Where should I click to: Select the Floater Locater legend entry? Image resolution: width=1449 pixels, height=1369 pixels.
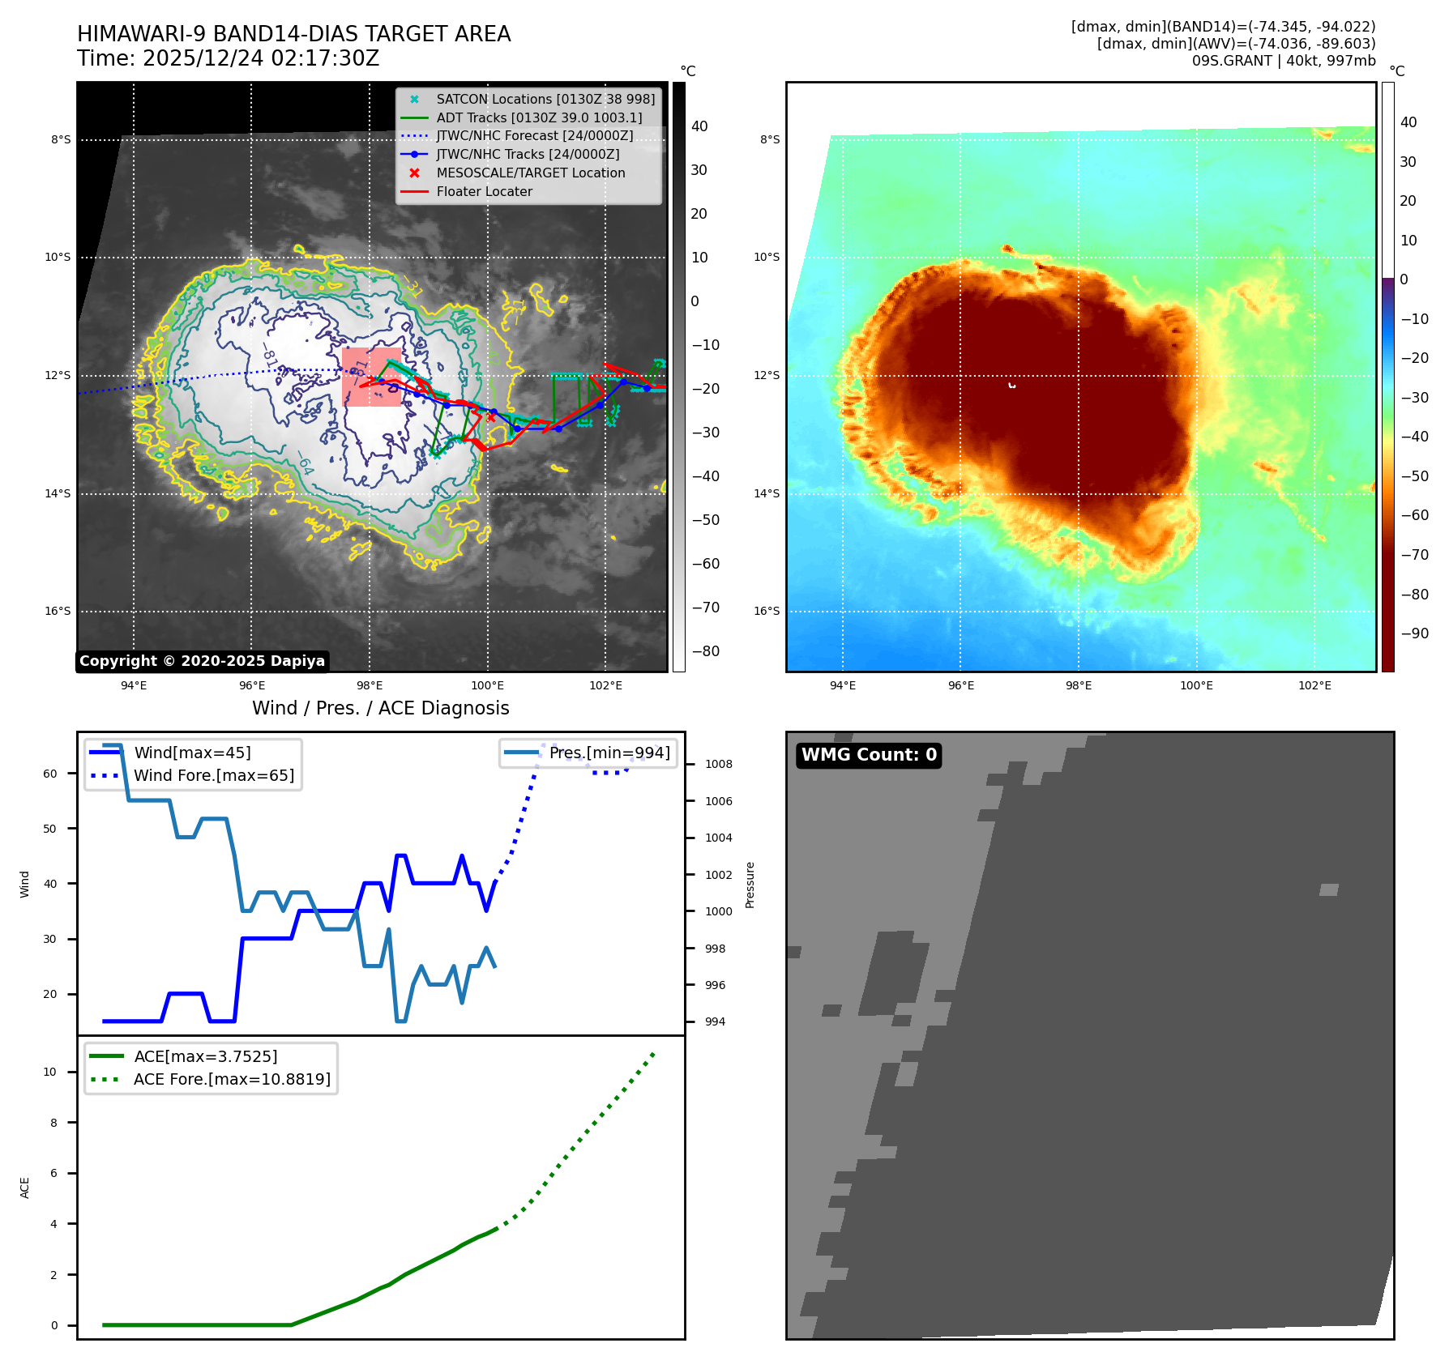point(484,192)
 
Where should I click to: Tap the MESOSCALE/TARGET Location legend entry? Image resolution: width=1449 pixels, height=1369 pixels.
point(530,173)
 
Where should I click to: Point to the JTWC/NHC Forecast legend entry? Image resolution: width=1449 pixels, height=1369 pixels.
point(534,136)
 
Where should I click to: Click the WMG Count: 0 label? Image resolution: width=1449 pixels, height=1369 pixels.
point(869,755)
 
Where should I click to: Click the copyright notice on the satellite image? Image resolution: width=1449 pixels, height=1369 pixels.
point(202,661)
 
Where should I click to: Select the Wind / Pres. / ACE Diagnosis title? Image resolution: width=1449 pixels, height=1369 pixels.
point(380,708)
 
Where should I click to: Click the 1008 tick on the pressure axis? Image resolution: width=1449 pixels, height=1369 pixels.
point(718,764)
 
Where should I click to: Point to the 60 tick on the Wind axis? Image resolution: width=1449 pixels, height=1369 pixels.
point(50,774)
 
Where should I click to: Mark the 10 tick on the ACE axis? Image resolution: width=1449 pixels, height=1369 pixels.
point(50,1072)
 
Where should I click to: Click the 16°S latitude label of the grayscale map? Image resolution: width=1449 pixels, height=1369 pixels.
point(58,612)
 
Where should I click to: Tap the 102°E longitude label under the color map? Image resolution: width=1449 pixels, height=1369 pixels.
point(1314,685)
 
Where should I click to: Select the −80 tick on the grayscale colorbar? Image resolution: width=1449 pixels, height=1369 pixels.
point(705,651)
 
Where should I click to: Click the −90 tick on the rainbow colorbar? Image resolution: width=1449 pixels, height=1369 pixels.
point(1414,633)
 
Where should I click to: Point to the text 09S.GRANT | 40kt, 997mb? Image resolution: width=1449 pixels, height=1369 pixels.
point(1283,61)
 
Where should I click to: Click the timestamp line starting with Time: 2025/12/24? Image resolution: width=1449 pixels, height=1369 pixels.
point(228,58)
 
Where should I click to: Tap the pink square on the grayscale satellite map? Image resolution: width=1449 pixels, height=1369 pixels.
point(371,377)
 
